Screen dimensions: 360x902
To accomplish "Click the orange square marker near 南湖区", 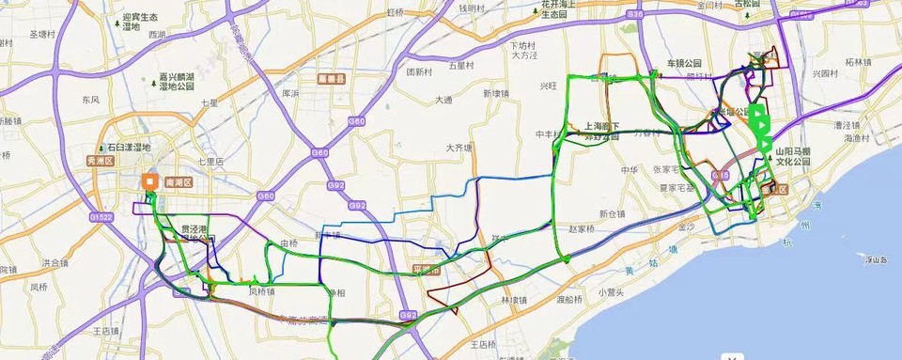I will pos(149,182).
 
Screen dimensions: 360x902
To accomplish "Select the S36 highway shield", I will pos(636,15).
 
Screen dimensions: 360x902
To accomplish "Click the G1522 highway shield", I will pos(101,217).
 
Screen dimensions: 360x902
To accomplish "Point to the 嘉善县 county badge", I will pos(329,80).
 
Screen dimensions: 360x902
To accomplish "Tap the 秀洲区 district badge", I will pos(101,160).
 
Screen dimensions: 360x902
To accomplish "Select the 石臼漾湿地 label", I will pos(128,148).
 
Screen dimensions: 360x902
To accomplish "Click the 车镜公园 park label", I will pos(684,63).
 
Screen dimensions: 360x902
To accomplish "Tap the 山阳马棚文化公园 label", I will pos(791,155).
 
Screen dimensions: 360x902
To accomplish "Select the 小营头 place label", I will pos(611,292).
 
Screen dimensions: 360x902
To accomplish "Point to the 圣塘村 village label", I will pos(44,35).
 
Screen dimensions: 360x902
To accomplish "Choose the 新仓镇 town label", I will pos(612,213).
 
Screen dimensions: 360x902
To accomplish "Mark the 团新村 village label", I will pos(419,71).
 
